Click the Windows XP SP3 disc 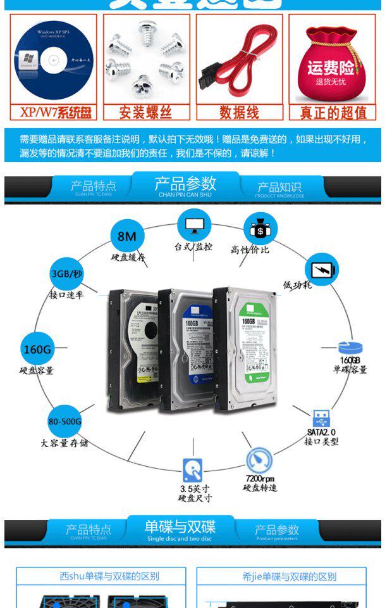(x=54, y=60)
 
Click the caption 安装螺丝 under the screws (x=146, y=113)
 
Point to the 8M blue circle (x=127, y=236)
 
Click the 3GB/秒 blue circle (x=66, y=274)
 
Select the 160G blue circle (x=37, y=349)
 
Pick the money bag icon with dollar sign (x=260, y=229)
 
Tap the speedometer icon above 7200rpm (x=259, y=460)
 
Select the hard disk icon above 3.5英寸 (x=193, y=470)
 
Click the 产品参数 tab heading (x=185, y=184)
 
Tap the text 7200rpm (x=260, y=478)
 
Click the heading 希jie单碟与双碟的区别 (x=290, y=576)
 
